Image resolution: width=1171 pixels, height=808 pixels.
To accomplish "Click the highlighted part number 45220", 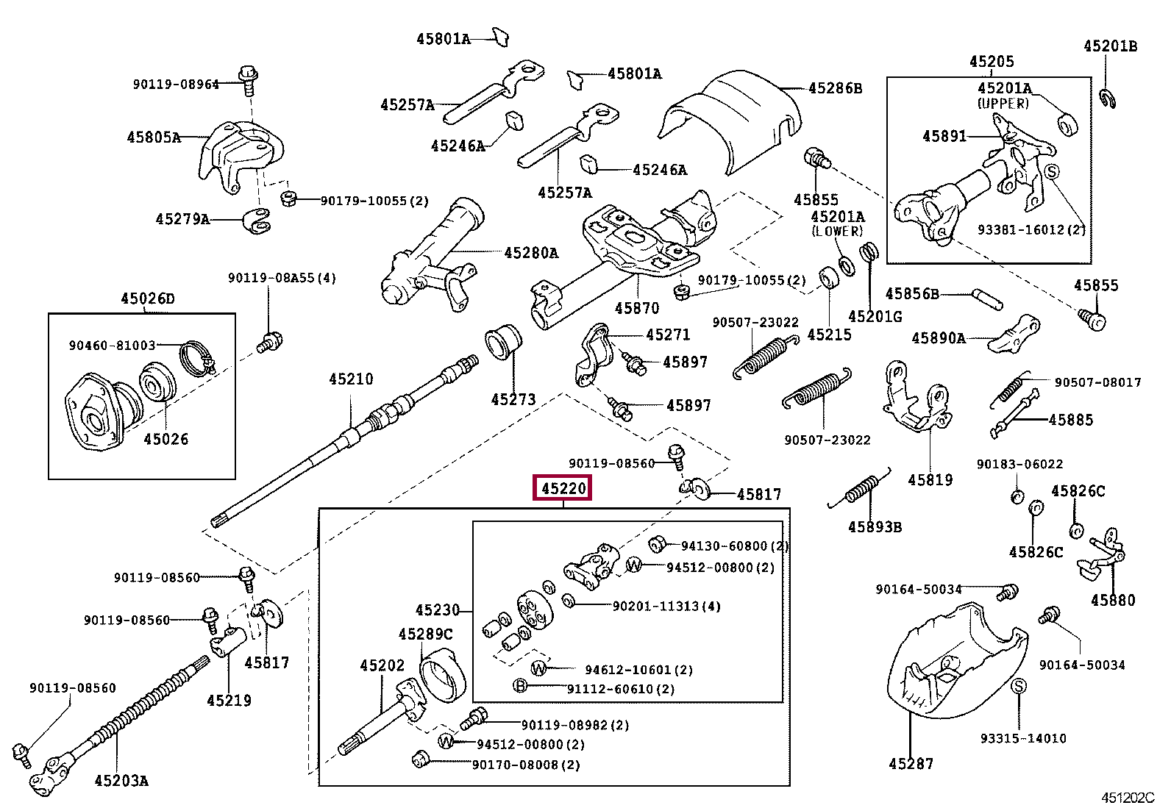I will (563, 488).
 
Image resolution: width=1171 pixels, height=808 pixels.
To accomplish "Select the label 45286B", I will (835, 88).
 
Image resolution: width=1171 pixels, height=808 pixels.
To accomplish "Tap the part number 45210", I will (351, 379).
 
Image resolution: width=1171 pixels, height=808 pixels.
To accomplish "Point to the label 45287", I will (911, 764).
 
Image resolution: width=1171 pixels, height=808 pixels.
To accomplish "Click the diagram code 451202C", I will (1128, 798).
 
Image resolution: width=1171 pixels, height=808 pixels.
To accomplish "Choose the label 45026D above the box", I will (148, 298).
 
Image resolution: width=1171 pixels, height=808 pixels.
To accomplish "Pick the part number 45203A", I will (121, 781).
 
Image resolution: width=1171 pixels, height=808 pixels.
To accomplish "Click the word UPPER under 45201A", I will (1003, 104).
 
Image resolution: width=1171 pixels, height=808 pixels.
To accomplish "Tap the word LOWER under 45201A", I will (837, 231).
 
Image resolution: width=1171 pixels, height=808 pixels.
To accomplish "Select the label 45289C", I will (425, 634).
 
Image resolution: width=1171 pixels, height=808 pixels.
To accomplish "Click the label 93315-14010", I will (1022, 738).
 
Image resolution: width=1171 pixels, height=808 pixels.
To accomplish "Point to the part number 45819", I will (930, 480).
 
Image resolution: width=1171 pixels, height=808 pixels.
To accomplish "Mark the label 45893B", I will (875, 527).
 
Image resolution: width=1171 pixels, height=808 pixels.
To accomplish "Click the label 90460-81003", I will (113, 346).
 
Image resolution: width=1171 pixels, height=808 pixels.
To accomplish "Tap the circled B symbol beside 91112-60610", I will (521, 687).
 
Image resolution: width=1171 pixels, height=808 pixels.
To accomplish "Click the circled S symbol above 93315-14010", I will (1019, 687).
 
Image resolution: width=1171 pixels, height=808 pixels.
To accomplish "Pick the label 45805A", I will (154, 137).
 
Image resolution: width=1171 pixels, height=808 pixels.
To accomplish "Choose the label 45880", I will (1112, 601).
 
